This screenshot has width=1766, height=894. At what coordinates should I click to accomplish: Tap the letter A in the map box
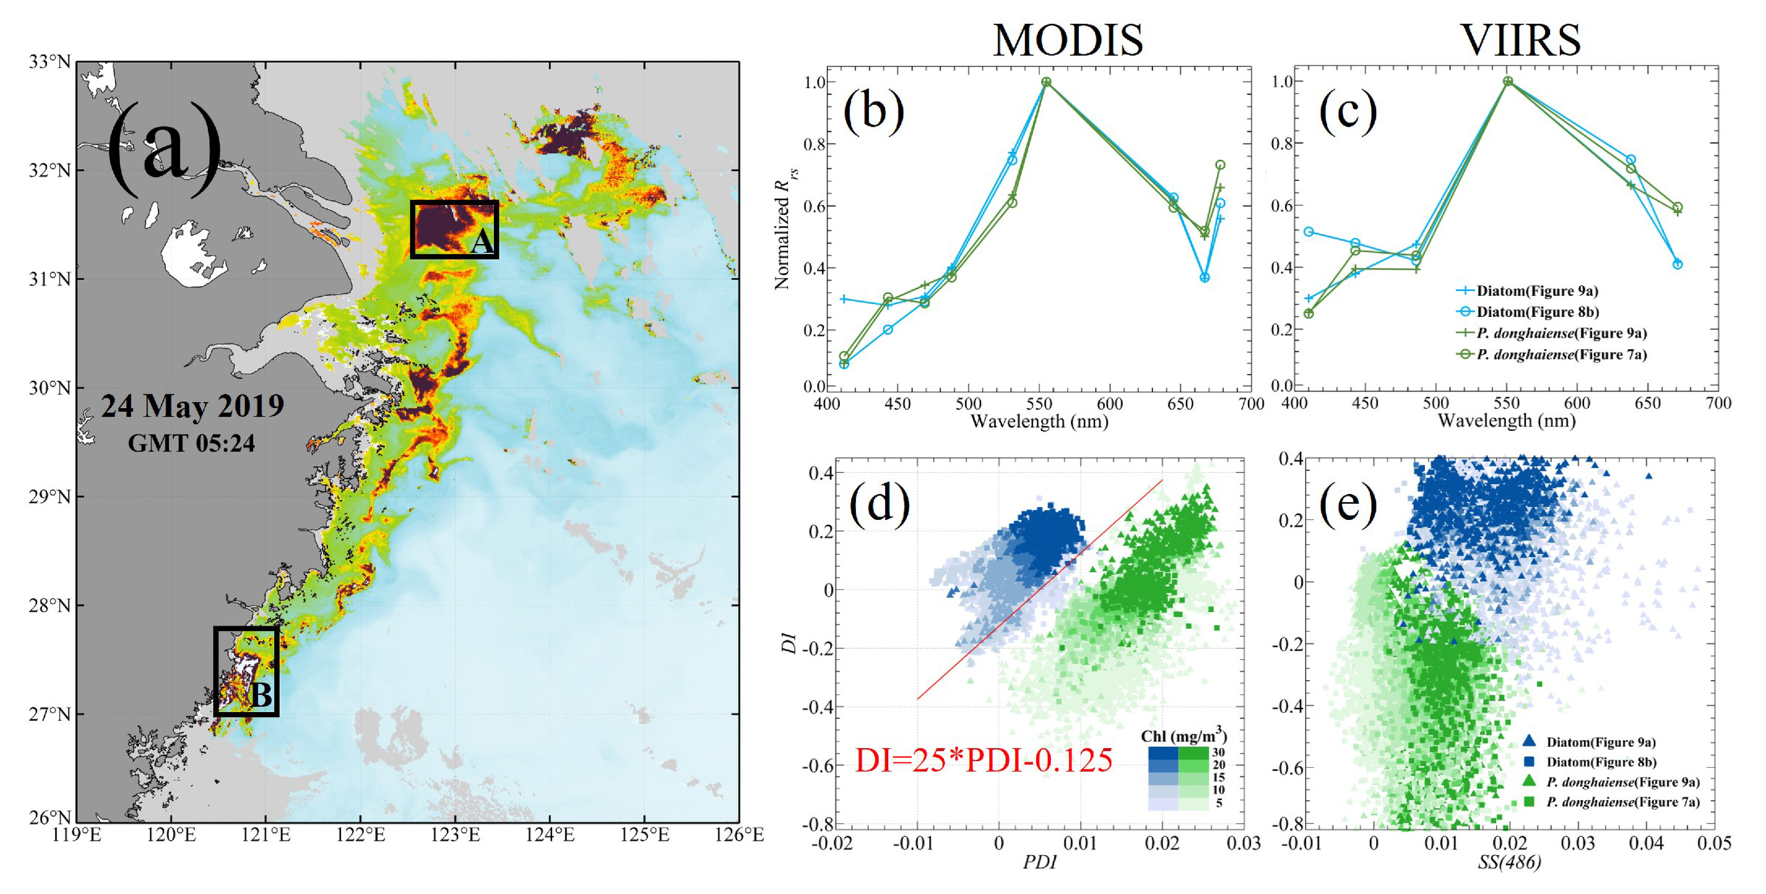482,242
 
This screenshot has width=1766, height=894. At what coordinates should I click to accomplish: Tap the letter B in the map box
261,695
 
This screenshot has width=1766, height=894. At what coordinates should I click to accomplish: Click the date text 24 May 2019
193,406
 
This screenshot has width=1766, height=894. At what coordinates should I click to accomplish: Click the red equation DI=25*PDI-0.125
984,760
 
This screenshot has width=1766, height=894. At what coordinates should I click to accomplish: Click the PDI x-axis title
1040,862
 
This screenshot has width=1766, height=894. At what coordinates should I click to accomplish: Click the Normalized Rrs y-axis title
783,233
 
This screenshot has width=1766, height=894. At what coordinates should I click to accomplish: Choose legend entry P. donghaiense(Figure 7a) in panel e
1623,802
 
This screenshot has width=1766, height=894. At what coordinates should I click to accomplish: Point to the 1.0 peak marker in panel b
1046,82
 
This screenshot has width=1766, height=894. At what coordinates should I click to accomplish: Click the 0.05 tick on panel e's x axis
1714,843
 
